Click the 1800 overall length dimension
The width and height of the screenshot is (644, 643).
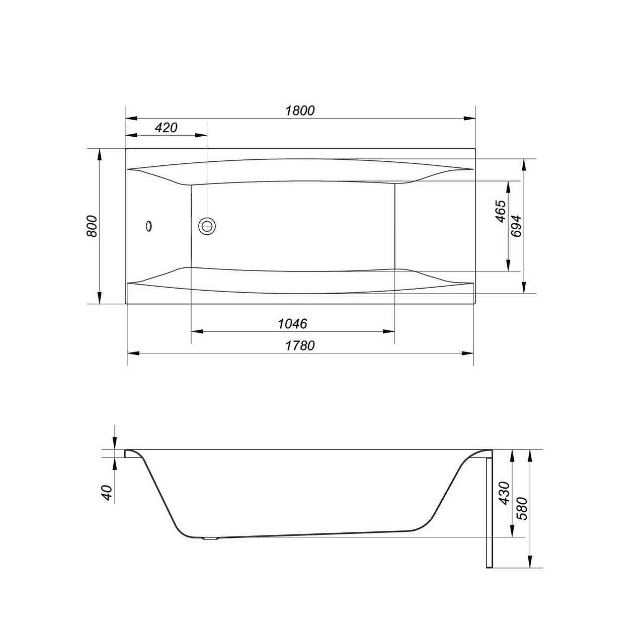(300, 111)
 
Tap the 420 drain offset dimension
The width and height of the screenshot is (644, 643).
(166, 128)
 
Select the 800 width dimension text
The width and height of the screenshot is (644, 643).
(92, 226)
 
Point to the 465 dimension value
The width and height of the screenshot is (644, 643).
(501, 212)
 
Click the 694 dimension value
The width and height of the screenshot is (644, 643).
(516, 226)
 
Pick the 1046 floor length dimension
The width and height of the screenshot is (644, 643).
(292, 323)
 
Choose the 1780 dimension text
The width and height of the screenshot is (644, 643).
(300, 345)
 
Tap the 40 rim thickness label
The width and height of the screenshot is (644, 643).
(108, 492)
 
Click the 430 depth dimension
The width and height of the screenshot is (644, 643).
(504, 493)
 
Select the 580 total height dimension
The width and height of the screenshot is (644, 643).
(522, 509)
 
